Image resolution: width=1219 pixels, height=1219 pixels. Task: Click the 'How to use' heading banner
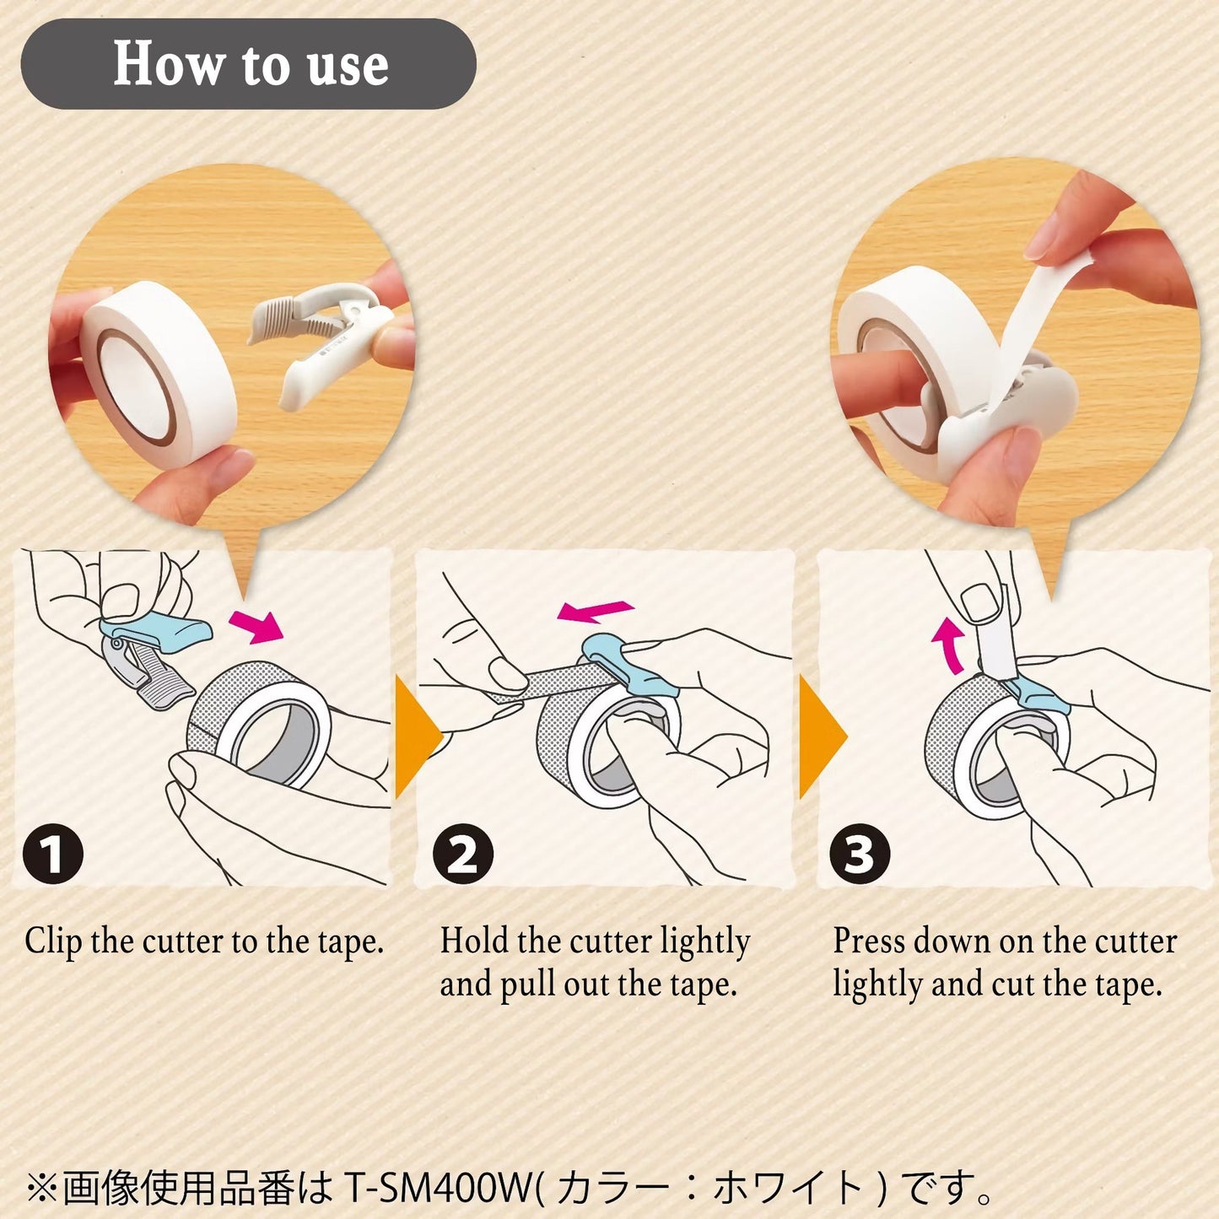[248, 63]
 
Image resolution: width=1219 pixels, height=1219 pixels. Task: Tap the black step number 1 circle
[53, 854]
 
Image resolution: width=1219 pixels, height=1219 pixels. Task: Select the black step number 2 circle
[463, 854]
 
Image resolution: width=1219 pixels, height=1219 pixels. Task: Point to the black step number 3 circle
[860, 854]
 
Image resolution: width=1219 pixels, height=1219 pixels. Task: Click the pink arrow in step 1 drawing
[256, 626]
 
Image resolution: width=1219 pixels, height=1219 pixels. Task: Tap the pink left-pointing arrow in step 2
[595, 611]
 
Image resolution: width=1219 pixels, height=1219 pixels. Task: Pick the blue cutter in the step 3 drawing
[1036, 697]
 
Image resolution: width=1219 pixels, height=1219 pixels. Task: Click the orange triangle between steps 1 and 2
[418, 736]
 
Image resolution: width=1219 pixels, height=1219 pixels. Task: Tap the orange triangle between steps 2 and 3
[823, 736]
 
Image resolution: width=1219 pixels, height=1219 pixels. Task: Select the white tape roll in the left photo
[158, 373]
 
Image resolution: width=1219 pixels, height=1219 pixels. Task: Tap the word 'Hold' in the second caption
[474, 941]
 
